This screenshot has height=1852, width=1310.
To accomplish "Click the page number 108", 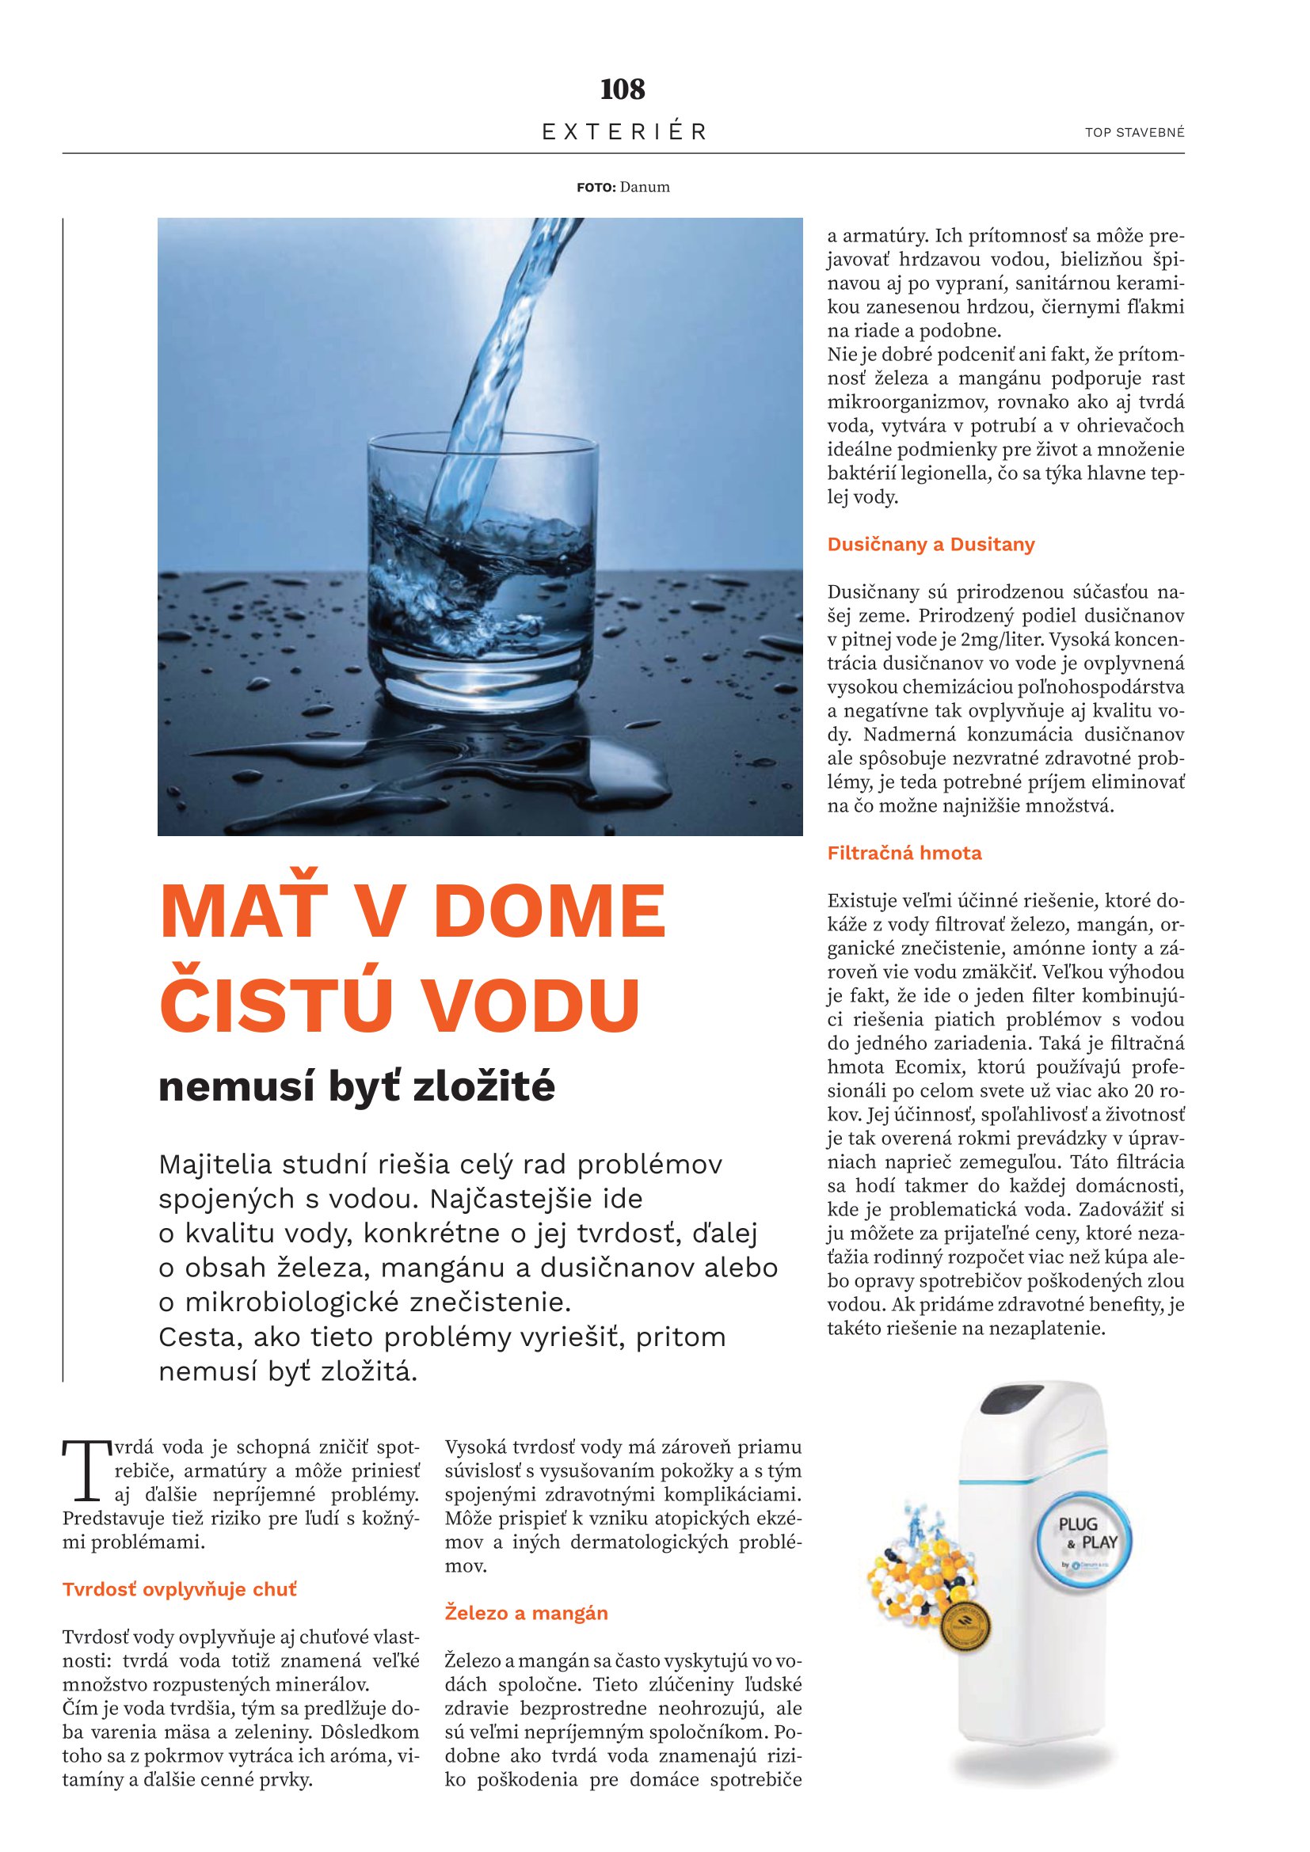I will coord(623,89).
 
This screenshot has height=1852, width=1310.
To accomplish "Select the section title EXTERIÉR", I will coord(624,131).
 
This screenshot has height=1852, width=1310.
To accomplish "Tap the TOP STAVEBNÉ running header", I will coord(1134,133).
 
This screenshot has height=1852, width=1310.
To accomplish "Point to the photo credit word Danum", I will coord(645,187).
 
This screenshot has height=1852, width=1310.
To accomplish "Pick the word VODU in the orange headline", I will coord(539,1004).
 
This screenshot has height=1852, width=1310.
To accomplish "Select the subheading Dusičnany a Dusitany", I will coord(931,545).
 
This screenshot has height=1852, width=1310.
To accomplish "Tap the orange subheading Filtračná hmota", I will coord(904,854).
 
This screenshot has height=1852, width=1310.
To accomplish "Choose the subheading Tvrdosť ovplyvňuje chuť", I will coord(180,1590).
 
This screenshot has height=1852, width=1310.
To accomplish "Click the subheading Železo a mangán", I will coord(527,1613).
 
